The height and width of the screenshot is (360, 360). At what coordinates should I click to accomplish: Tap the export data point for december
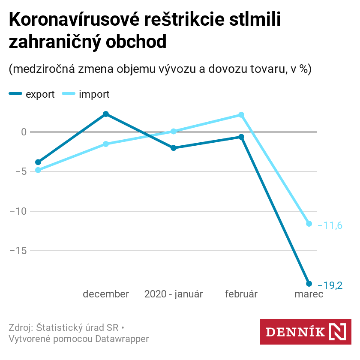106,114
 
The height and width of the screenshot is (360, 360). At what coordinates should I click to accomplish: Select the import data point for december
106,144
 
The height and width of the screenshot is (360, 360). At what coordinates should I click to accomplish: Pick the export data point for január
174,148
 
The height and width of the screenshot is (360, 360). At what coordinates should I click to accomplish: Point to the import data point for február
241,115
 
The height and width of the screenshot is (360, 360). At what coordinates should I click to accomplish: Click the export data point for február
241,137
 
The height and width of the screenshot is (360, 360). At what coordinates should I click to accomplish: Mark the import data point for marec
309,224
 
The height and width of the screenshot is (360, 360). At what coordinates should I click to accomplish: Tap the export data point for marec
309,284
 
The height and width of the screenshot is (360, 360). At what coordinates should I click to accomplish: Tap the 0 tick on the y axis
24,132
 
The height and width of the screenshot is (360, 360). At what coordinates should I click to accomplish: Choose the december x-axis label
106,294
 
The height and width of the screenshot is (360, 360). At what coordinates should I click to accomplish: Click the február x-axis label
241,294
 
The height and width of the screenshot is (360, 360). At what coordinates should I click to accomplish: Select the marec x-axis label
309,294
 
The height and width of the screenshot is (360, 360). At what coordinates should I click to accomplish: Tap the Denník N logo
306,332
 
